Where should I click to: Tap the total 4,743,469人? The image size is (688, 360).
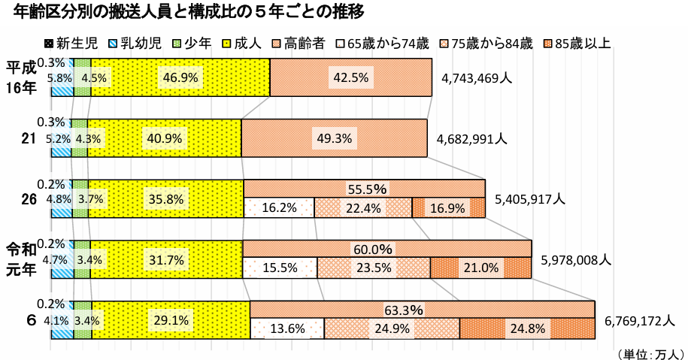[x=477, y=78]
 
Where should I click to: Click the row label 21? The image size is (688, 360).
[x=28, y=139]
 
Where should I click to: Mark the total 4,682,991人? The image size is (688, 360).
[x=471, y=139]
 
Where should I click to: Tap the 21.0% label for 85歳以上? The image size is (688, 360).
[x=481, y=268]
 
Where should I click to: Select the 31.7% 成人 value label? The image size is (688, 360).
[x=167, y=260]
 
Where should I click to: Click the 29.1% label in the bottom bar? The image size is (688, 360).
[x=171, y=320]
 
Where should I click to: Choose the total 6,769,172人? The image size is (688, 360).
[x=638, y=321]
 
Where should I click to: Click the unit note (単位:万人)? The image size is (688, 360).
[x=648, y=352]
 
